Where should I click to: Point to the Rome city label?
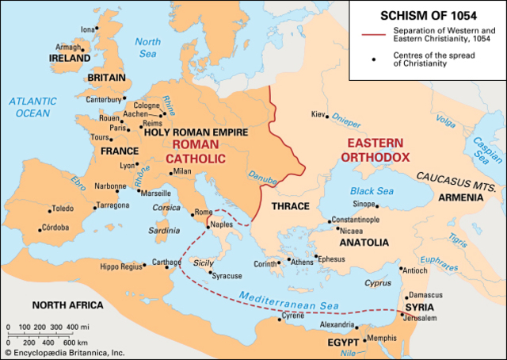click(204, 212)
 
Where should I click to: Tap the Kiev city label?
click(319, 114)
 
